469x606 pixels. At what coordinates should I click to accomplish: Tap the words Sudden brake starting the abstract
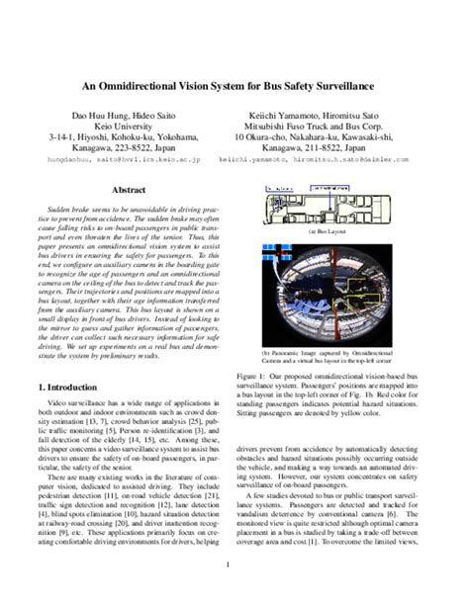tap(73, 211)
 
